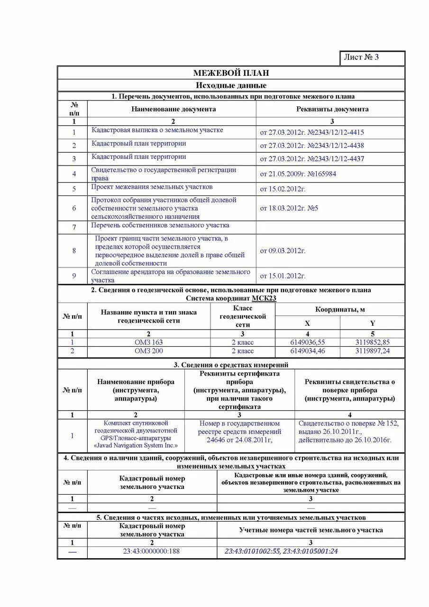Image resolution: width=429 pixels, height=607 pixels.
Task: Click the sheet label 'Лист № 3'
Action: [361, 57]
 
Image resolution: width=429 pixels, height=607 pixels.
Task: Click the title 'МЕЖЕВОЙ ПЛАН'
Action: [231, 73]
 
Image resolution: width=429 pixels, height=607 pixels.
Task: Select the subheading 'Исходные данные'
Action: [231, 85]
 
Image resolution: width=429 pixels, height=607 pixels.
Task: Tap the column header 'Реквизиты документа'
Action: [332, 109]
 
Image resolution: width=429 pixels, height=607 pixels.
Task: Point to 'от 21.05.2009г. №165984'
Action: [298, 174]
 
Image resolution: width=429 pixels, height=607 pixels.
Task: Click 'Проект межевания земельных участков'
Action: [152, 187]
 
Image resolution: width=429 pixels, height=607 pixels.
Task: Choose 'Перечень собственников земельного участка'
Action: [160, 225]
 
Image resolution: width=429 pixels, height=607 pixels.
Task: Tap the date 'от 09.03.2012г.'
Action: [283, 251]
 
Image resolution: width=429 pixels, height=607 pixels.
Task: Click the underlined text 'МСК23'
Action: [264, 298]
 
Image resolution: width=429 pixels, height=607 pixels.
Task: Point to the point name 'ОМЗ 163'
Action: [148, 342]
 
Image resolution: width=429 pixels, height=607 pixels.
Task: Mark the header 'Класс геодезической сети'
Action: [243, 317]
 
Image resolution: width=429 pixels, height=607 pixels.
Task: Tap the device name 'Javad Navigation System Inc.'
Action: [136, 446]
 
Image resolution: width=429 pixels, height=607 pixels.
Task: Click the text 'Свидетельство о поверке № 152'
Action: [348, 423]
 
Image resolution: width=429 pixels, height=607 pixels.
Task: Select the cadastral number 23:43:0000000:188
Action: [152, 552]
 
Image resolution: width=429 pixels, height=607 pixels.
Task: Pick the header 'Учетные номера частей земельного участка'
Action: [310, 530]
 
